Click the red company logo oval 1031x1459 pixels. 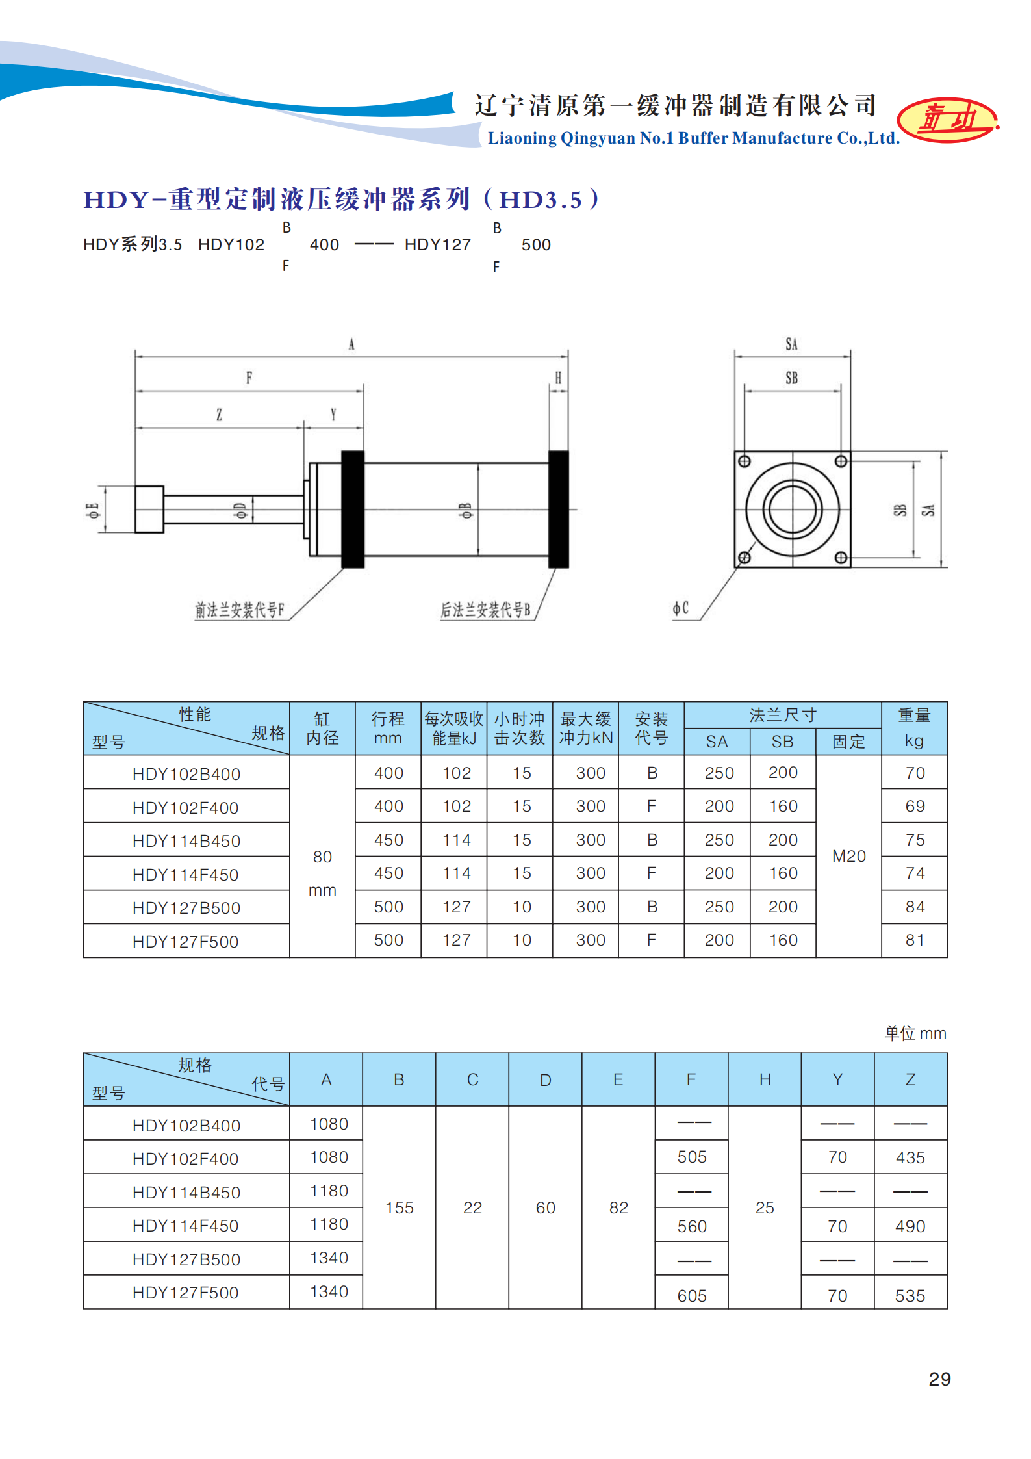pos(947,120)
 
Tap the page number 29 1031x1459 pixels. pos(939,1378)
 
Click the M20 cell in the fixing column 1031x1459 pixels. pos(848,856)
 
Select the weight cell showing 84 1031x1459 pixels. pos(915,907)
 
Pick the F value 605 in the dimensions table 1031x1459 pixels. pos(692,1296)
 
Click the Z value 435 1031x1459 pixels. pos(910,1157)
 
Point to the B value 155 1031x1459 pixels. pos(399,1207)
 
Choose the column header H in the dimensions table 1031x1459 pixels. pos(765,1079)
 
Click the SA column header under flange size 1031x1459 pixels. pos(717,742)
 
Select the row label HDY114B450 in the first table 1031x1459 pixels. pos(186,841)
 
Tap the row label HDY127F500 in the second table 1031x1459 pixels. pos(186,1293)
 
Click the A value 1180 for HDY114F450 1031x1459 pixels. pos(329,1224)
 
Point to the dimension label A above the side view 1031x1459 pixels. pos(351,344)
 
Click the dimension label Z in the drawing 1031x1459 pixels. pos(220,415)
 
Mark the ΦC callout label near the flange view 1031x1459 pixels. pos(680,608)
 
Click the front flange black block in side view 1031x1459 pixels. pos(353,509)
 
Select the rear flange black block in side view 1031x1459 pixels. pos(559,509)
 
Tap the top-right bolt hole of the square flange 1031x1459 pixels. pos(841,461)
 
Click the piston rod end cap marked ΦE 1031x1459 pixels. pos(149,510)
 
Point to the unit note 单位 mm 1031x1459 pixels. pos(915,1033)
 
